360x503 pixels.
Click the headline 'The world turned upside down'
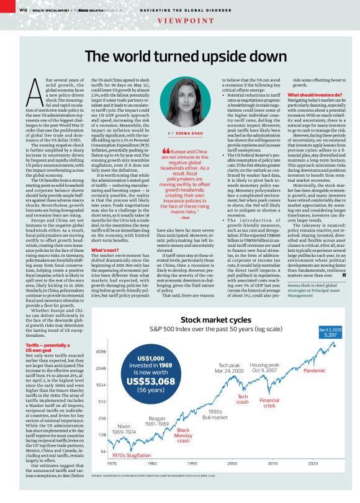coord(179,56)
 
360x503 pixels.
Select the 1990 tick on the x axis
coord(192,481)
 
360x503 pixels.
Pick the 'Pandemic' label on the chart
coord(315,370)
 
